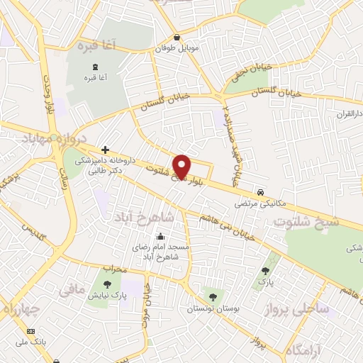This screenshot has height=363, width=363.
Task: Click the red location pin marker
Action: click(183, 166)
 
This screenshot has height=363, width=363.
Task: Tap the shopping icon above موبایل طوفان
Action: click(177, 38)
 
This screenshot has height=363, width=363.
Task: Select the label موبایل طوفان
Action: click(177, 50)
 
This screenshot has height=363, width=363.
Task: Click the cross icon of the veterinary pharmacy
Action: click(105, 150)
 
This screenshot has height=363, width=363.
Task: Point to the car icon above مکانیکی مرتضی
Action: click(261, 192)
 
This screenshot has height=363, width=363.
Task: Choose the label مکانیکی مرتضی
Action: click(261, 203)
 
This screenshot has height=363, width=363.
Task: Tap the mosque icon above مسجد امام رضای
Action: click(160, 237)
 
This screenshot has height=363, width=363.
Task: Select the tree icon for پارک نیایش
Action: click(107, 285)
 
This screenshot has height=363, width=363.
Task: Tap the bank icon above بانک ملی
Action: click(30, 331)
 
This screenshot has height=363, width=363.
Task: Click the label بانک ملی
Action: click(30, 342)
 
